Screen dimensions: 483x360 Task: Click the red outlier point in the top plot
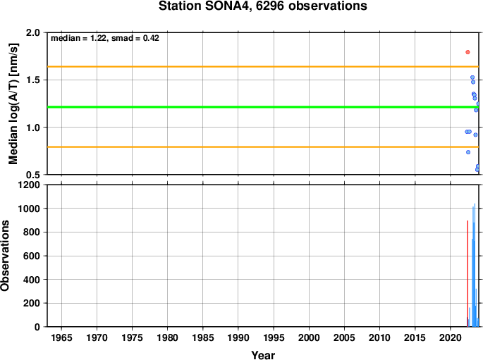[467, 52]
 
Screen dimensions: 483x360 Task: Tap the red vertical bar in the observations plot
[467, 273]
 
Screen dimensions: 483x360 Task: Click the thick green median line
[263, 107]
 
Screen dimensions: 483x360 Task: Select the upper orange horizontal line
[263, 66]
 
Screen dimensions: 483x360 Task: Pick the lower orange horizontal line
[263, 147]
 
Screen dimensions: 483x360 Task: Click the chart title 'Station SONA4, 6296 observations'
[262, 6]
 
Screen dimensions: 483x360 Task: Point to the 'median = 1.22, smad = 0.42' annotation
[105, 38]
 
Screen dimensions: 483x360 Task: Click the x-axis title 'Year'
[263, 355]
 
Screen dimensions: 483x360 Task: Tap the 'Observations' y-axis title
[5, 256]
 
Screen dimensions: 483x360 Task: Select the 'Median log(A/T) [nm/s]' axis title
[13, 104]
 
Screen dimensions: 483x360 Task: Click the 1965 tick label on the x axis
[61, 337]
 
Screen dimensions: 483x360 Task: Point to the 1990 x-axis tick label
[238, 337]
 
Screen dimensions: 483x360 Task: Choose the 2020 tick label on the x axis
[451, 337]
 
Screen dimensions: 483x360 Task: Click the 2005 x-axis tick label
[344, 337]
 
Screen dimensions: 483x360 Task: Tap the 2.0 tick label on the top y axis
[34, 32]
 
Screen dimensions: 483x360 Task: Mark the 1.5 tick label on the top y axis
[34, 80]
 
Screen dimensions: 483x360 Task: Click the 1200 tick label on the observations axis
[30, 185]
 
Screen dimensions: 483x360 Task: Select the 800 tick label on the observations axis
[32, 232]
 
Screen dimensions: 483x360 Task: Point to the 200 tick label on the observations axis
[32, 303]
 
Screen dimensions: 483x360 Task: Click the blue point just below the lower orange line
[468, 152]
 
